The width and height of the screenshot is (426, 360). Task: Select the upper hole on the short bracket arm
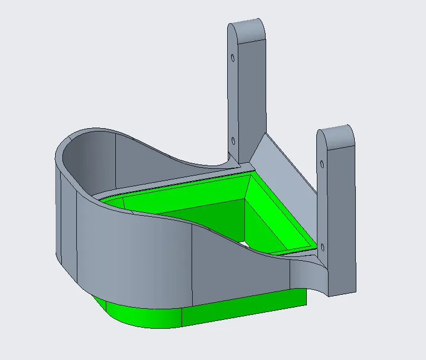[x=322, y=164]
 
